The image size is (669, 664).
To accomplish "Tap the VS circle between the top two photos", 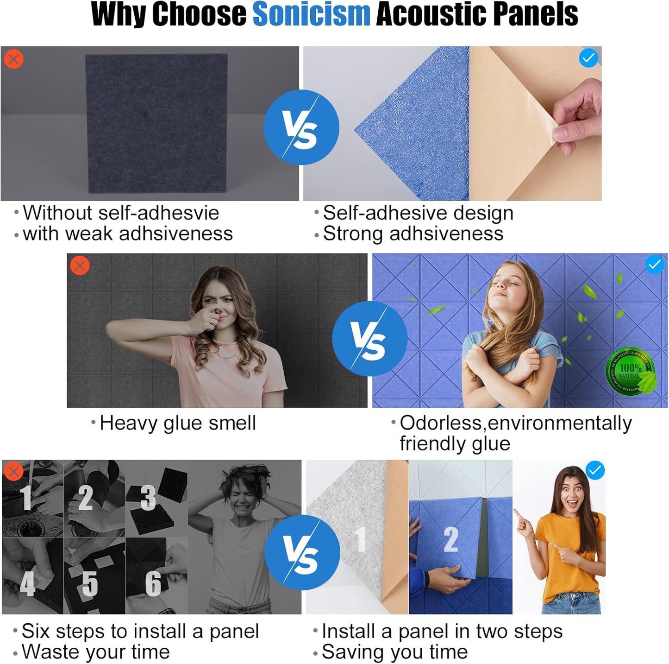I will click(301, 127).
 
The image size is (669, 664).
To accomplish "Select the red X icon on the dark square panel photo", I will click(14, 59).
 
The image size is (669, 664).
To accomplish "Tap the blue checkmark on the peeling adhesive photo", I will click(588, 58).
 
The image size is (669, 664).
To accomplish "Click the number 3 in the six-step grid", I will click(148, 498).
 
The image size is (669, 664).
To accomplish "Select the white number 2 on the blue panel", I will click(451, 539).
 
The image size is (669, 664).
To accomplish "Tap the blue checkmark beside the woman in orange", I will click(595, 470).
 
